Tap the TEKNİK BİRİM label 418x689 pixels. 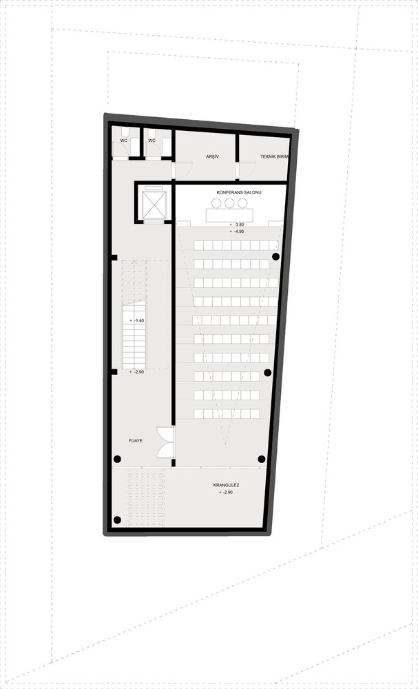click(273, 156)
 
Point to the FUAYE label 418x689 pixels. click(136, 440)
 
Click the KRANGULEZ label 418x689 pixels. click(226, 486)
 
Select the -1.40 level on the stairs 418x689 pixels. click(138, 321)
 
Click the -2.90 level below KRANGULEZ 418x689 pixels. click(227, 493)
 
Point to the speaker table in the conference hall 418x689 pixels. click(229, 215)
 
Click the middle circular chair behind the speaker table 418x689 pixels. click(229, 203)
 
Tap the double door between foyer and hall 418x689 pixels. click(166, 442)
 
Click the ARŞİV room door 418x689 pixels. click(182, 170)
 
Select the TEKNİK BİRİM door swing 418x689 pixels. click(247, 170)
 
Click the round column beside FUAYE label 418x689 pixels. click(117, 459)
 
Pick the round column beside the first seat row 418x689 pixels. click(275, 256)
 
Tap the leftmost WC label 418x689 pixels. click(123, 141)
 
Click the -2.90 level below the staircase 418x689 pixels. click(138, 372)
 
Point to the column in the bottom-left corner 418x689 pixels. click(117, 520)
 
